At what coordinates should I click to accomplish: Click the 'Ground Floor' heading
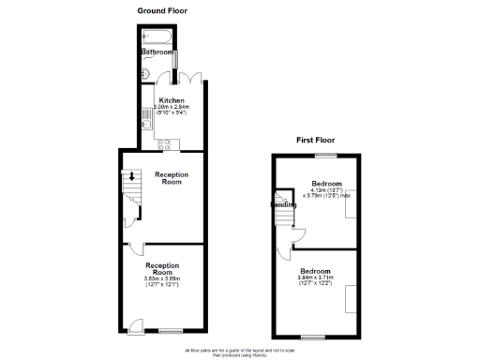click(163, 10)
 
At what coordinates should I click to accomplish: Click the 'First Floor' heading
click(316, 140)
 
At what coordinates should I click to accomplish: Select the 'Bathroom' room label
click(157, 52)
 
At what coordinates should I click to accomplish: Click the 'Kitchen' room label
click(171, 100)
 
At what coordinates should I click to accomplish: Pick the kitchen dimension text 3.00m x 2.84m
click(172, 107)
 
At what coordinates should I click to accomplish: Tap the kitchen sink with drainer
click(145, 120)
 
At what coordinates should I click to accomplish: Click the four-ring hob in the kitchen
click(163, 143)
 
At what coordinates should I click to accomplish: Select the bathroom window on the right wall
click(175, 57)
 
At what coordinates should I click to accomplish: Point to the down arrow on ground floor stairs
click(132, 175)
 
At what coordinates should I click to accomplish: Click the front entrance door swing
click(136, 325)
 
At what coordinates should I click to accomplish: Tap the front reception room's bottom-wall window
click(170, 331)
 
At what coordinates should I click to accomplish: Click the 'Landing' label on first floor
click(284, 204)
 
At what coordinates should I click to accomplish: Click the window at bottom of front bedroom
click(313, 337)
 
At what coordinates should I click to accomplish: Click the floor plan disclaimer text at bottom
click(239, 351)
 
